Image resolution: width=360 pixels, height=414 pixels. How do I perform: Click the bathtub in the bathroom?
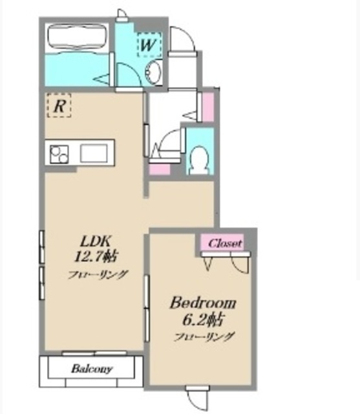78,36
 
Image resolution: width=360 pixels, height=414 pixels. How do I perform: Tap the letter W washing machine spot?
149,45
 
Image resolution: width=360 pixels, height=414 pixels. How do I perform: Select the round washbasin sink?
153,71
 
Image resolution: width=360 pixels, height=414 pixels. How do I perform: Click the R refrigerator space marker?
59,105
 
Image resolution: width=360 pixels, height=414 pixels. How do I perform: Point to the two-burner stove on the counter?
59,154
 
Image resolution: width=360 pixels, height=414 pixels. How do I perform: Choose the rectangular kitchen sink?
94,153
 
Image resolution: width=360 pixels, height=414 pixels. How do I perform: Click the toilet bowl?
200,160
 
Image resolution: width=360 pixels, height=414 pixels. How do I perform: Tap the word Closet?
225,243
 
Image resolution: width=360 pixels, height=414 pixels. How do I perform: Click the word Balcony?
92,369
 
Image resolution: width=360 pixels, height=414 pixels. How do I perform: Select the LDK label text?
96,241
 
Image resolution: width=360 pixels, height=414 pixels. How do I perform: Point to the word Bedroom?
202,303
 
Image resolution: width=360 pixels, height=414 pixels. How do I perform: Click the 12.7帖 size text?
96,256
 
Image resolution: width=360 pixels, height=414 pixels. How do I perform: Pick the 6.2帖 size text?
203,320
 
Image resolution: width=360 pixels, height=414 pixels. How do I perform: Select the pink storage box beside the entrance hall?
208,107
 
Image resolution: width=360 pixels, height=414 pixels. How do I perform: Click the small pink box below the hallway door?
160,169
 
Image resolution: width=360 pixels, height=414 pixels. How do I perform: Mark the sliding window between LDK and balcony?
94,353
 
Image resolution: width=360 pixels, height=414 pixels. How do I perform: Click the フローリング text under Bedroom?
204,336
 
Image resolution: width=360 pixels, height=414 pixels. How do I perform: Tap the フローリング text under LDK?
98,274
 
